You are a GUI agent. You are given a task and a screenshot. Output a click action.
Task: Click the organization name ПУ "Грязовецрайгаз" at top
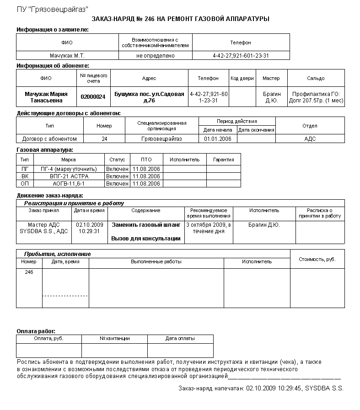53,10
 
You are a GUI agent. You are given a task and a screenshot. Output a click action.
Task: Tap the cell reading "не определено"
156,56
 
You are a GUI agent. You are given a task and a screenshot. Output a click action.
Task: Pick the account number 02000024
93,97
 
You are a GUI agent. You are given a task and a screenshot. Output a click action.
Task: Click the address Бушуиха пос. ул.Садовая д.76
149,97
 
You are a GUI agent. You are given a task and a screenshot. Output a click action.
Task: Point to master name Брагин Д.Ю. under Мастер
271,97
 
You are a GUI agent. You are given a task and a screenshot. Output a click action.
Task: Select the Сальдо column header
316,78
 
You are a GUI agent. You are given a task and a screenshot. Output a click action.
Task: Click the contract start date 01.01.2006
218,139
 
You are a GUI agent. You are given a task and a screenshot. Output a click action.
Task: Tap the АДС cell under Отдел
310,139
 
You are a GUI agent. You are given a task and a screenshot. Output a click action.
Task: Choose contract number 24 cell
104,139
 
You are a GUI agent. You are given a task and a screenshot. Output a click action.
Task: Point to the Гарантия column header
223,160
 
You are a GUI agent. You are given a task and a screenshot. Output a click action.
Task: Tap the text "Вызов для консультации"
146,239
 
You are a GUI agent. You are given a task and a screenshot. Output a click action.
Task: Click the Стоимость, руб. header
317,259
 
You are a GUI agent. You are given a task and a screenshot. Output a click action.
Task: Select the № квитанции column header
114,339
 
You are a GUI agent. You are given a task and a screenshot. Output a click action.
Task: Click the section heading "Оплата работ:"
36,331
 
